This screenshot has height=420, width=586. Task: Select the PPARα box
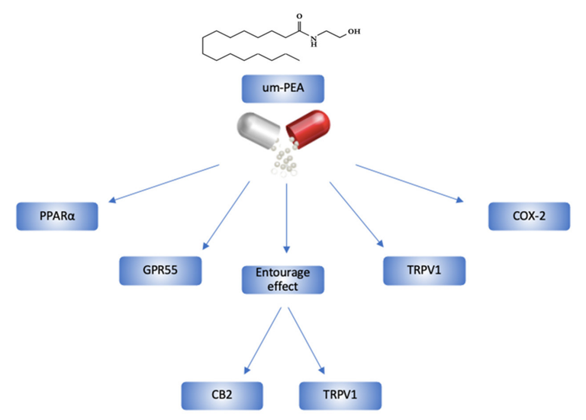59,217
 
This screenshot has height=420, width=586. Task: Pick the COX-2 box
529,216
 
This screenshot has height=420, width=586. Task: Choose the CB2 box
222,396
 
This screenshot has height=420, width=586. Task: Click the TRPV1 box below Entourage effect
338,396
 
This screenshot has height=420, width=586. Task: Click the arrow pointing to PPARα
164,183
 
